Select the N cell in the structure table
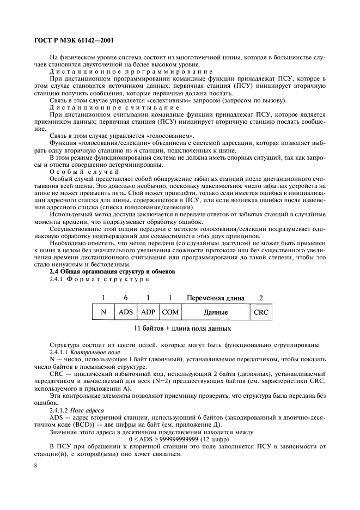click(x=103, y=313)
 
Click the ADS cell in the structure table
click(x=126, y=313)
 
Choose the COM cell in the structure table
click(x=170, y=313)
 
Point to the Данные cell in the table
click(x=216, y=313)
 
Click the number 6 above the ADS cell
click(x=126, y=298)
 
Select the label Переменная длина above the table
click(x=216, y=298)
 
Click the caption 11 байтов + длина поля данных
click(x=182, y=329)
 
